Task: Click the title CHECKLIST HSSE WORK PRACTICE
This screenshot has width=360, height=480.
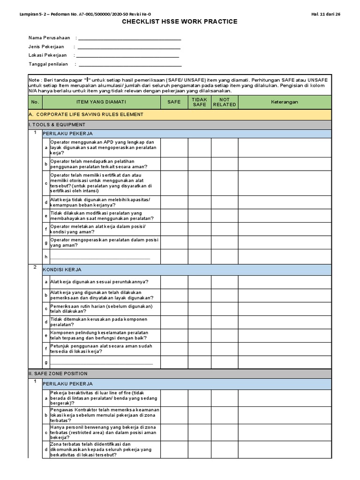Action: coord(180,22)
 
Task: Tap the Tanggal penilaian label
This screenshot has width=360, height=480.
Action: coord(48,64)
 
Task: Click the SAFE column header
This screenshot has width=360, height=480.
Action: coord(173,102)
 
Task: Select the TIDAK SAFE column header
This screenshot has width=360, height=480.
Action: coord(200,102)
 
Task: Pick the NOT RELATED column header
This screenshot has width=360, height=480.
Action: coord(225,102)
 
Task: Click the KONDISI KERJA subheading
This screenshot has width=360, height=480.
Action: coord(62,270)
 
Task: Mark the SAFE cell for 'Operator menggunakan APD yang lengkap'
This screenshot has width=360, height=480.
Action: coord(173,148)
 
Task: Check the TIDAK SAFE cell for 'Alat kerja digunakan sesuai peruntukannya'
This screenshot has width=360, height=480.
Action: coord(200,282)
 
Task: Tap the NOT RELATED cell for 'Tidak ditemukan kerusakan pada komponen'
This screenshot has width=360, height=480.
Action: coord(225,322)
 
